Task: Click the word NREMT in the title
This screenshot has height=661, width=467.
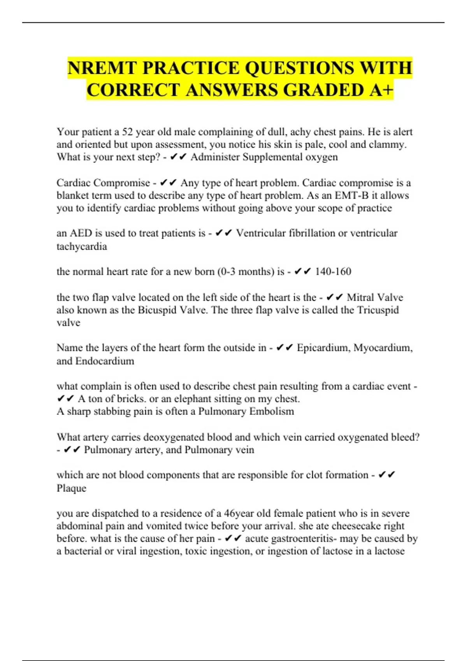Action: (x=102, y=68)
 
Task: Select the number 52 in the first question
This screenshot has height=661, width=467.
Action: (x=127, y=132)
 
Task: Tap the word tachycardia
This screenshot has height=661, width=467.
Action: (x=82, y=246)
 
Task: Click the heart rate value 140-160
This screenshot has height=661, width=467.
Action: (x=333, y=271)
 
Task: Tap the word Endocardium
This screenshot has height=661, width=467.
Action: (x=104, y=361)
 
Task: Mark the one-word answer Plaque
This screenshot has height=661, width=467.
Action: (x=71, y=488)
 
